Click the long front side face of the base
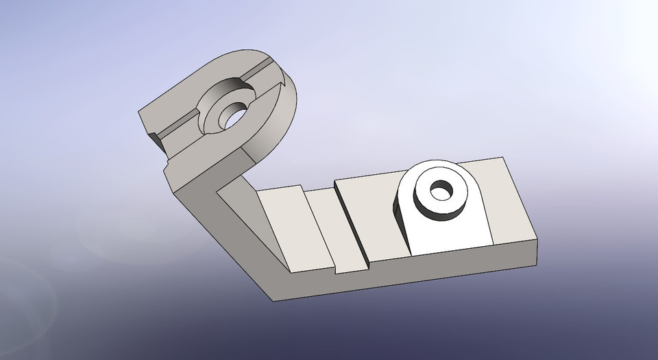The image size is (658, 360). coord(411,278)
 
